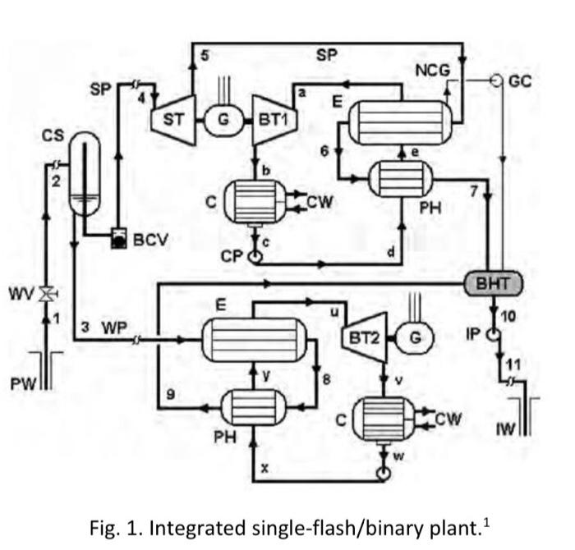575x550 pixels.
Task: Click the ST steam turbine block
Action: click(x=173, y=120)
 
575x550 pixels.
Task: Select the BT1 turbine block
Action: click(x=272, y=120)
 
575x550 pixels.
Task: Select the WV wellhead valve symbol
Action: click(x=47, y=292)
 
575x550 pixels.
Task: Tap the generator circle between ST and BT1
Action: click(x=223, y=120)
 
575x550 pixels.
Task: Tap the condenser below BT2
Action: click(x=381, y=419)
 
